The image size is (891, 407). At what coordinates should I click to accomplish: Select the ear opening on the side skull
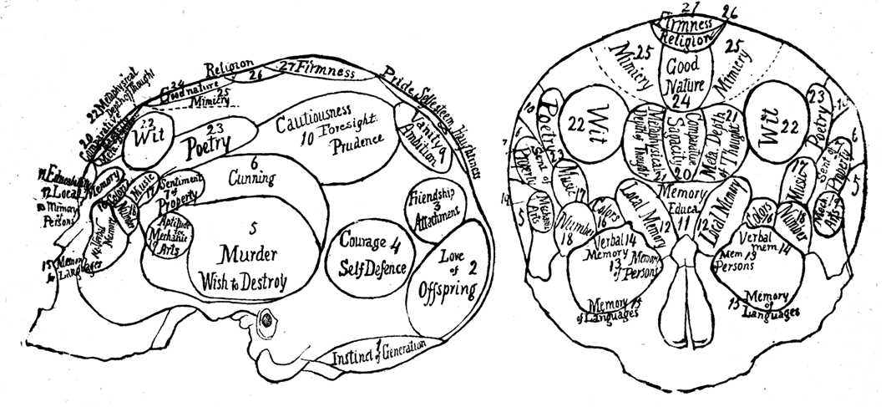[269, 318]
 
